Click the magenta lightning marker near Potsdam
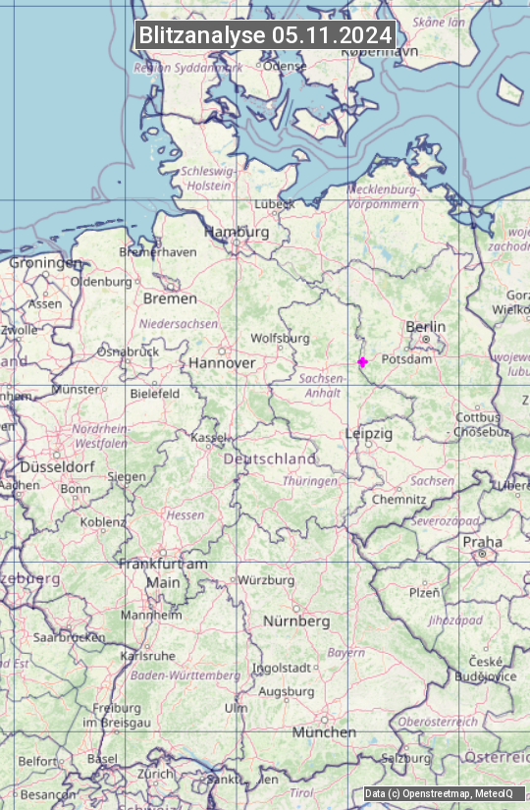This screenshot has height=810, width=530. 362,361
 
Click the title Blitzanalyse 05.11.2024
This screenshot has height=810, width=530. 265,35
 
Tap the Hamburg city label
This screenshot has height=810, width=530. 236,233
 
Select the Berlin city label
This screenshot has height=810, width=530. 425,327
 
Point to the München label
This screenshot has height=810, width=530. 324,732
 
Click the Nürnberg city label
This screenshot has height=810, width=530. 296,621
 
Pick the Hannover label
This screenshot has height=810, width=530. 222,363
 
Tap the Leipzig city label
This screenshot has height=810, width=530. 369,433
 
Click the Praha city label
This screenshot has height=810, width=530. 482,542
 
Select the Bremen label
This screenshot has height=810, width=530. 170,298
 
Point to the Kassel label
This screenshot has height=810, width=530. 208,437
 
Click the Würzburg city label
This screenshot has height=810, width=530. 266,580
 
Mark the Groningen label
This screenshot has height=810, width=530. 46,263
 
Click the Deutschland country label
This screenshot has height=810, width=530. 270,459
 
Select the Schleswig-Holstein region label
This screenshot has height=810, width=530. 207,178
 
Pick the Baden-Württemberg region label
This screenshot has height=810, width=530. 185,675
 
